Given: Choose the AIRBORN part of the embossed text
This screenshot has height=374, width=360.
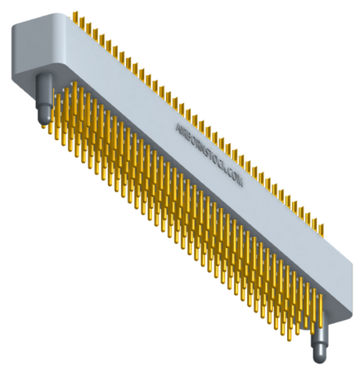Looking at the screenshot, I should (189, 136).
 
